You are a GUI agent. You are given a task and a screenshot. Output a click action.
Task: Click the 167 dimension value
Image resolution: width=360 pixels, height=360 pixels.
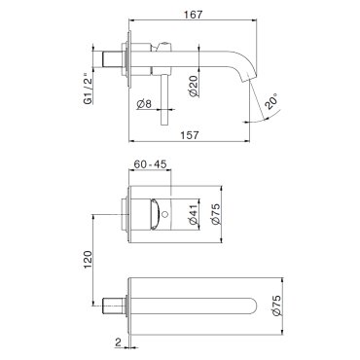[x=193, y=15]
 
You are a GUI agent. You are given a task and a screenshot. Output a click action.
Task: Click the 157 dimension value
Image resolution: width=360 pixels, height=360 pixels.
[x=189, y=135]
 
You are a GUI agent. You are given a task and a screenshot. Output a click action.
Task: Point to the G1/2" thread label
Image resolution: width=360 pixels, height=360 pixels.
[x=88, y=90]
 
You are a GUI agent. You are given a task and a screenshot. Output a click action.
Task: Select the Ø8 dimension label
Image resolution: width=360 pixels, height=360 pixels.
[x=144, y=104]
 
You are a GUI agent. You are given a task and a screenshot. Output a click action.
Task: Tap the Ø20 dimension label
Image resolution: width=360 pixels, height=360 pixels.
[x=194, y=86]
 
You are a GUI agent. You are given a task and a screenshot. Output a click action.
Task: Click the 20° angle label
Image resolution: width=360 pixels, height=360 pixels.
[x=270, y=101]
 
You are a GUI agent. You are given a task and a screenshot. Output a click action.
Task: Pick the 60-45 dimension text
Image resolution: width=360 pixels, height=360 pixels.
[x=150, y=164]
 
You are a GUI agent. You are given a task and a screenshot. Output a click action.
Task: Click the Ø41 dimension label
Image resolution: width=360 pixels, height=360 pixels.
[x=194, y=215]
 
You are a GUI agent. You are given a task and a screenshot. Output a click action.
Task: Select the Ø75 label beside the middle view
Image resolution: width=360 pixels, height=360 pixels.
[x=216, y=214]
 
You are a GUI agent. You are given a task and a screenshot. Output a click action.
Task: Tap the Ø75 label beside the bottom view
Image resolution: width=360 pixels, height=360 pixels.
[x=277, y=306]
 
